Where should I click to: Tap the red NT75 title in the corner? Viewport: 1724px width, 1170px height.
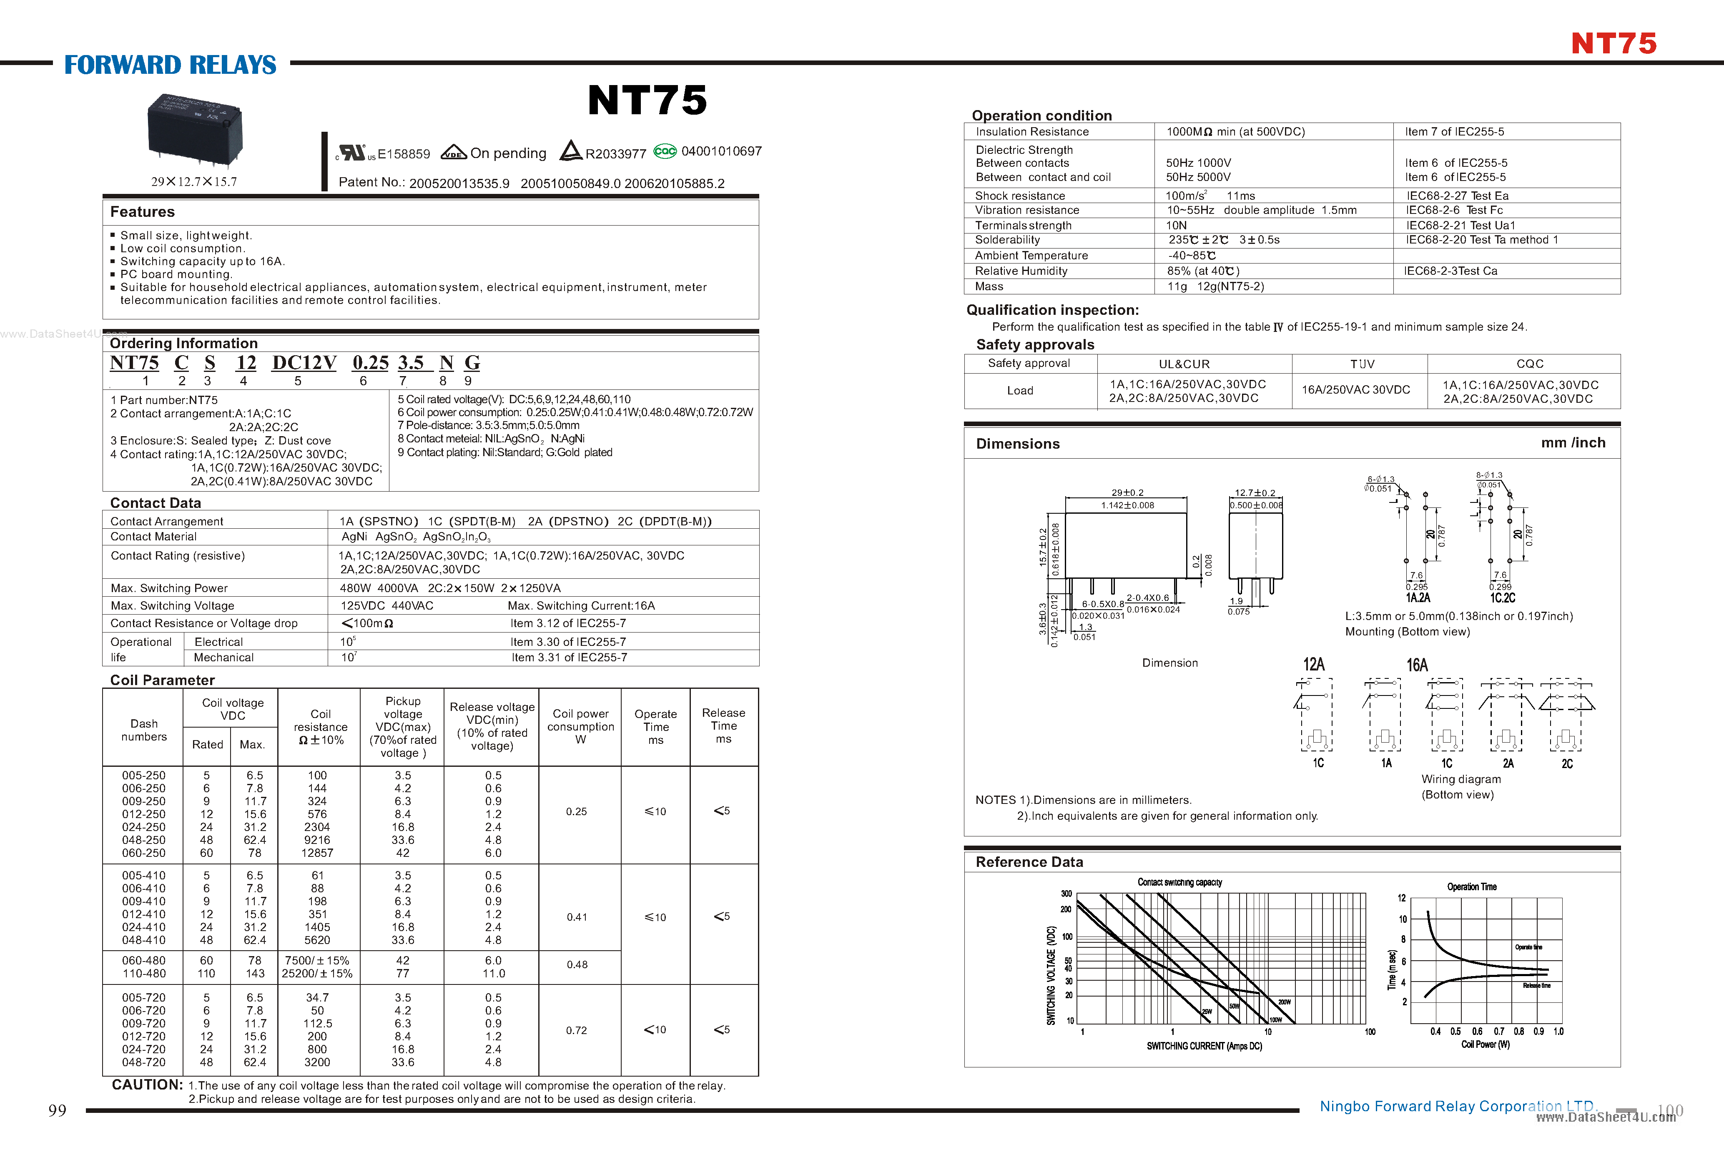[1614, 44]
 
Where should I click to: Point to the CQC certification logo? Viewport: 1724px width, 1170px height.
[665, 151]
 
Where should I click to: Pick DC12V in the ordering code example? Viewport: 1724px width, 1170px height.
[304, 363]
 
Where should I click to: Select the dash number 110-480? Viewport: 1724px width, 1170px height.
[144, 973]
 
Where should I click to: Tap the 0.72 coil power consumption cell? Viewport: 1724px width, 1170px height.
[576, 1030]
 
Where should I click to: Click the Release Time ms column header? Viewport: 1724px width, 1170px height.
[723, 726]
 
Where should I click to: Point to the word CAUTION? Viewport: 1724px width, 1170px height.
[147, 1085]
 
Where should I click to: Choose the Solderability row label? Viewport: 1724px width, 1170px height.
[1007, 240]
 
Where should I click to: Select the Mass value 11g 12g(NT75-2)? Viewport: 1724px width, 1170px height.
[1215, 286]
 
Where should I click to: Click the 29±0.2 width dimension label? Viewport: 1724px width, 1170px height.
[1127, 492]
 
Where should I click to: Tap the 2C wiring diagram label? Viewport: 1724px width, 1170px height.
[1567, 763]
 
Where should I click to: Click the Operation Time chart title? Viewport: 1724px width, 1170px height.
[1472, 886]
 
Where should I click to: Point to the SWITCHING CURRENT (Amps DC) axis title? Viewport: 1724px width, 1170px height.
[1204, 1046]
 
